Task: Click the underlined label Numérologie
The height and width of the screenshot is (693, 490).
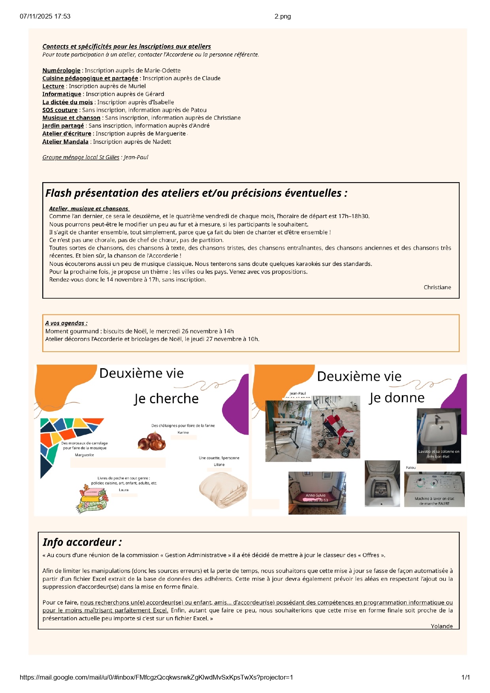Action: point(61,70)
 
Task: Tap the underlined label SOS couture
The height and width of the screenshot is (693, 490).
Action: point(60,110)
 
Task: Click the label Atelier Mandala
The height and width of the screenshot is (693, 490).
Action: point(65,141)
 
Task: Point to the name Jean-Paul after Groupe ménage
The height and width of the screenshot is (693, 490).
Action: point(136,157)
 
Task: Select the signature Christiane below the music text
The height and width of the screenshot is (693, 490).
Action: point(437,287)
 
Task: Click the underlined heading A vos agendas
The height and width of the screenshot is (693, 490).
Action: point(66,323)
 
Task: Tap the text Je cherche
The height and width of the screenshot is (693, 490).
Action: point(166,398)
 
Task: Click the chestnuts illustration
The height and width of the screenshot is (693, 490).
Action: point(152,441)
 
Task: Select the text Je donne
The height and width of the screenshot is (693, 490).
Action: point(397,397)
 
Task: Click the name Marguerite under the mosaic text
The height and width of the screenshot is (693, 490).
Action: point(84,455)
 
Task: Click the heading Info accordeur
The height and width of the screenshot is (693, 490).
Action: point(82,542)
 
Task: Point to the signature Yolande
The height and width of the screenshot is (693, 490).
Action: point(441,626)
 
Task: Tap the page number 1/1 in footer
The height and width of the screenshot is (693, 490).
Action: point(465,677)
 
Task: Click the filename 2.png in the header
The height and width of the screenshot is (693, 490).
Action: point(283,16)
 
